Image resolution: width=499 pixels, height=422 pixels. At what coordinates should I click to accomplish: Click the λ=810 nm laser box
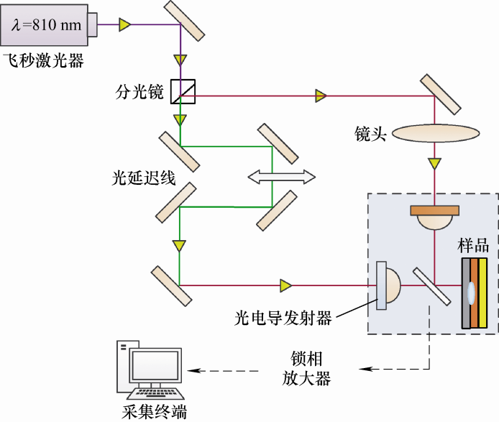tap(47, 25)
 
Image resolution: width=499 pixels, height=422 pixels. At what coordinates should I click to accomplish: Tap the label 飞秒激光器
tap(43, 60)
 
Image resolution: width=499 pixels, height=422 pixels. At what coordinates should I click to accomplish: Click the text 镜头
tap(370, 134)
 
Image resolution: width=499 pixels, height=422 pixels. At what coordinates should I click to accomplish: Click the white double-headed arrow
tap(281, 176)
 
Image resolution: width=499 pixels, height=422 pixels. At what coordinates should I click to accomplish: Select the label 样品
tap(473, 245)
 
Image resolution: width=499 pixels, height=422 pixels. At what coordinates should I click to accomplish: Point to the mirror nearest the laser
tap(186, 19)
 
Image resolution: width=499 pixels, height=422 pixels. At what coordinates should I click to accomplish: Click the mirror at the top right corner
tap(441, 93)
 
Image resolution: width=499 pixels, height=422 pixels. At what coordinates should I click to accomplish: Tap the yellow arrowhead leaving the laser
tap(125, 25)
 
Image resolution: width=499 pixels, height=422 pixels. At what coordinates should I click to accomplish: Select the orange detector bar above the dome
tap(434, 211)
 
